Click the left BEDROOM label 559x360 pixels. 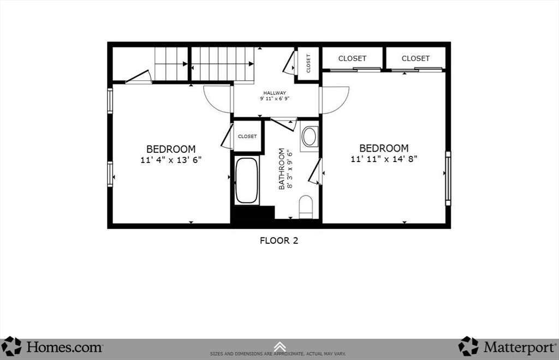pyautogui.click(x=170, y=149)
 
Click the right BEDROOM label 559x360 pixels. pyautogui.click(x=383, y=148)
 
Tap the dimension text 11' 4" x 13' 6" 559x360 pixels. pyautogui.click(x=170, y=160)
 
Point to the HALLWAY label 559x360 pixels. pyautogui.click(x=275, y=93)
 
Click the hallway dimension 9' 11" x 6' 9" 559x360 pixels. pyautogui.click(x=275, y=99)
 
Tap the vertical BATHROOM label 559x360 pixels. pyautogui.click(x=282, y=169)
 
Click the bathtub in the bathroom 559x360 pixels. pyautogui.click(x=247, y=181)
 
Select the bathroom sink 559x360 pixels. pyautogui.click(x=310, y=136)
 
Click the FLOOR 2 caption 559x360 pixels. pyautogui.click(x=278, y=240)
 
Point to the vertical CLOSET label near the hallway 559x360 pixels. pyautogui.click(x=308, y=63)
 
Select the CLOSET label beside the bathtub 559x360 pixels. pyautogui.click(x=247, y=136)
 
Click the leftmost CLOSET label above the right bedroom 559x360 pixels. pyautogui.click(x=352, y=58)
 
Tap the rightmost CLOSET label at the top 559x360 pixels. pyautogui.click(x=415, y=58)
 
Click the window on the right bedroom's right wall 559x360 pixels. pyautogui.click(x=448, y=178)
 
